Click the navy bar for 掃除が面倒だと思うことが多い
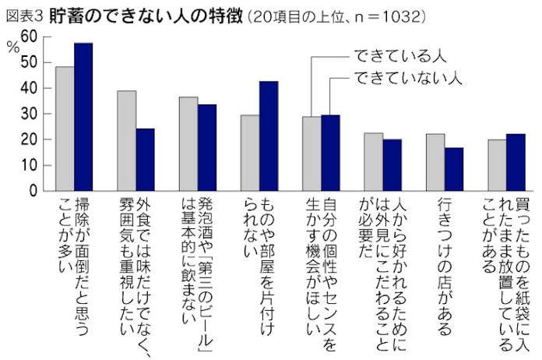(x=83, y=117)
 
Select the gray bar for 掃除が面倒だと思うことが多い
(x=65, y=129)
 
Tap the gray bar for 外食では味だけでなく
(x=126, y=141)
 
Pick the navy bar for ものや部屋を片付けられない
(x=269, y=136)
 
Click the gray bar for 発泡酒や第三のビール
(x=188, y=144)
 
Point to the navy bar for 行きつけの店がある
(x=454, y=169)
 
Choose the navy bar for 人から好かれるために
(x=392, y=165)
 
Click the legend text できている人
(x=398, y=56)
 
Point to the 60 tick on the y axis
(x=28, y=37)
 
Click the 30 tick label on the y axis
(x=28, y=114)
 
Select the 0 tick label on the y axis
(x=33, y=191)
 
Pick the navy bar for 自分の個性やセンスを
(x=331, y=153)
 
